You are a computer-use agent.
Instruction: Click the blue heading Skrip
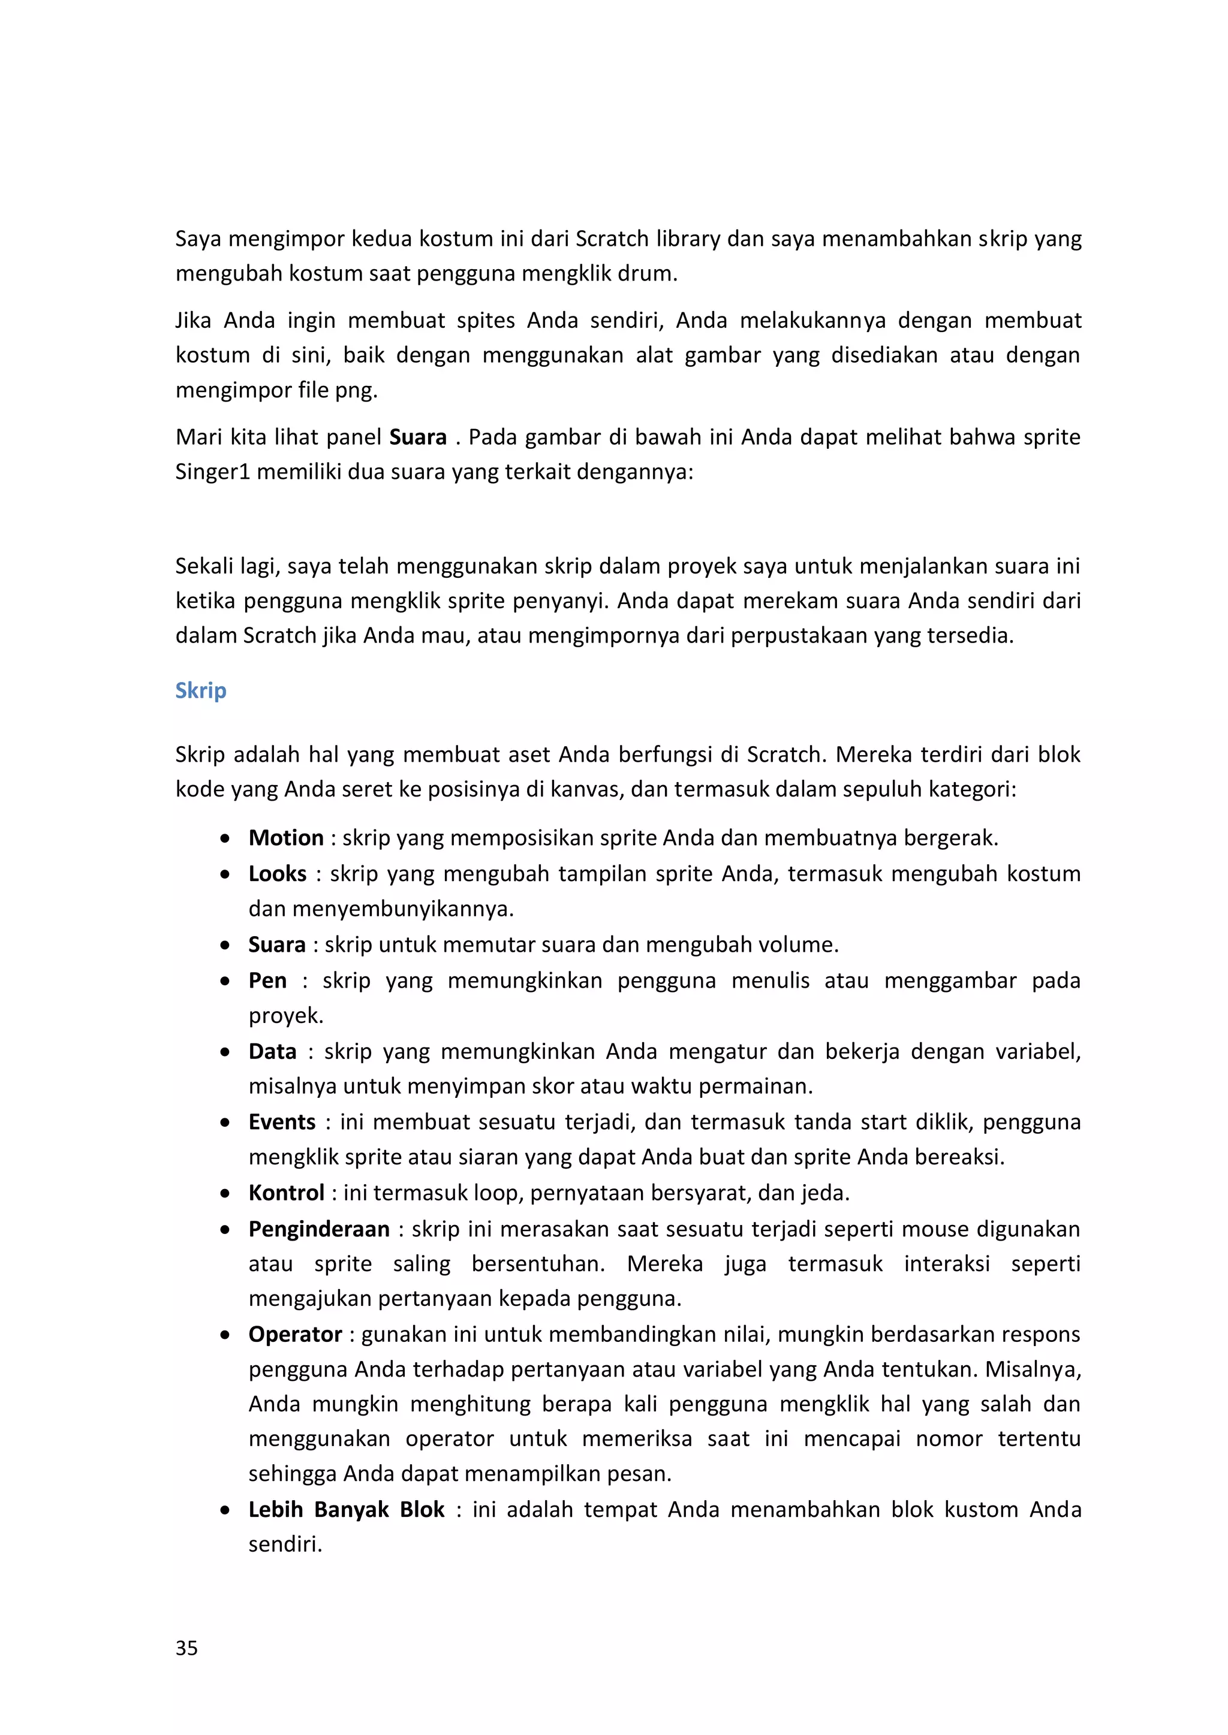(x=200, y=690)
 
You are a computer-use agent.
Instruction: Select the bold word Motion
(x=286, y=838)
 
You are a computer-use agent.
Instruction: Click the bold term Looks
(x=278, y=874)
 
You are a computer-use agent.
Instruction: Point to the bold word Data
(x=272, y=1051)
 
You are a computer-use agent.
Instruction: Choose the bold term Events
(x=282, y=1122)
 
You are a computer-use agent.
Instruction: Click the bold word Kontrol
(x=286, y=1193)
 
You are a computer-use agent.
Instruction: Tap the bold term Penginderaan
(x=319, y=1229)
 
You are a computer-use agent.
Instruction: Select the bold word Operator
(x=295, y=1335)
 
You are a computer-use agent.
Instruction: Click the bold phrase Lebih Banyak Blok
(x=347, y=1510)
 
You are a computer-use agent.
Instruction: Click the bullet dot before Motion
(x=225, y=839)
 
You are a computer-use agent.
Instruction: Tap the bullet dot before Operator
(x=225, y=1335)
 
